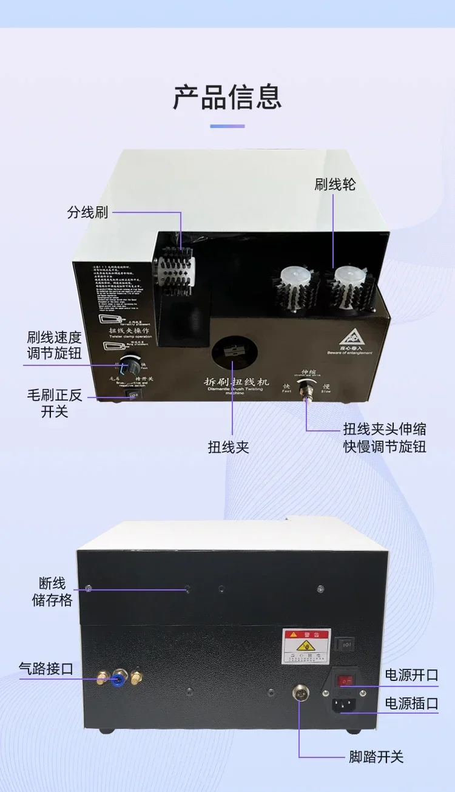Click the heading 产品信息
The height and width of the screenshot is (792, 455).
[227, 97]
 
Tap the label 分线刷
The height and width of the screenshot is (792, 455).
[87, 213]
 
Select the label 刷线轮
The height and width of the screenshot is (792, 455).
[335, 184]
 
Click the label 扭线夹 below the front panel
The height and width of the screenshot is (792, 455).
[229, 447]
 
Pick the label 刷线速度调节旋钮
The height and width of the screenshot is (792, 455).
[54, 345]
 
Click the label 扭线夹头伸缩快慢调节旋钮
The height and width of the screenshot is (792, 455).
[385, 438]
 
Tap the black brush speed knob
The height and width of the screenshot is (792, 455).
[129, 366]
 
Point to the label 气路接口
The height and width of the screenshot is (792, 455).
[46, 669]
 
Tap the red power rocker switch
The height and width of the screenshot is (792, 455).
[345, 681]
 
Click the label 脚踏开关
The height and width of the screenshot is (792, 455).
[376, 757]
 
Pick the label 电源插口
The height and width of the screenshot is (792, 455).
[411, 703]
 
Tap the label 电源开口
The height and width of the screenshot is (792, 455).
[411, 675]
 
